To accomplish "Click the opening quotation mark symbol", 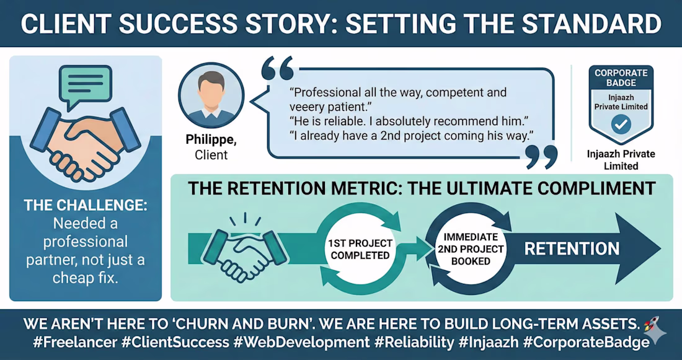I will click(277, 68).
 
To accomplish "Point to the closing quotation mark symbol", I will click(541, 157).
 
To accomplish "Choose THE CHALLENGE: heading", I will click(86, 206).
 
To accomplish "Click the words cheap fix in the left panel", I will click(86, 278).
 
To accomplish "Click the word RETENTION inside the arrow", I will click(572, 249).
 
